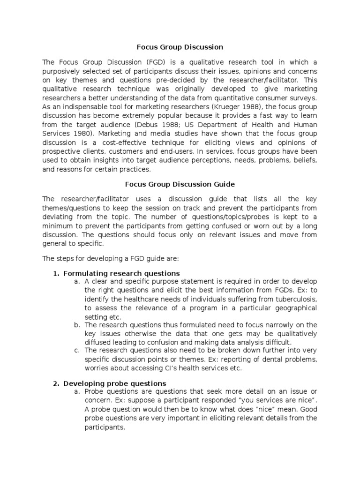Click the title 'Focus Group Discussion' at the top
pyautogui.click(x=180, y=47)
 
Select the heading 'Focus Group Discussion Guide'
pyautogui.click(x=180, y=184)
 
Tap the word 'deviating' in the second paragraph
pyautogui.click(x=57, y=217)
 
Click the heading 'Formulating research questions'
pyautogui.click(x=121, y=273)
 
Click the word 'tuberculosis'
pyautogui.click(x=293, y=299)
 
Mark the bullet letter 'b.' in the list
pyautogui.click(x=77, y=325)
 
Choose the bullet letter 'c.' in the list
pyautogui.click(x=77, y=351)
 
